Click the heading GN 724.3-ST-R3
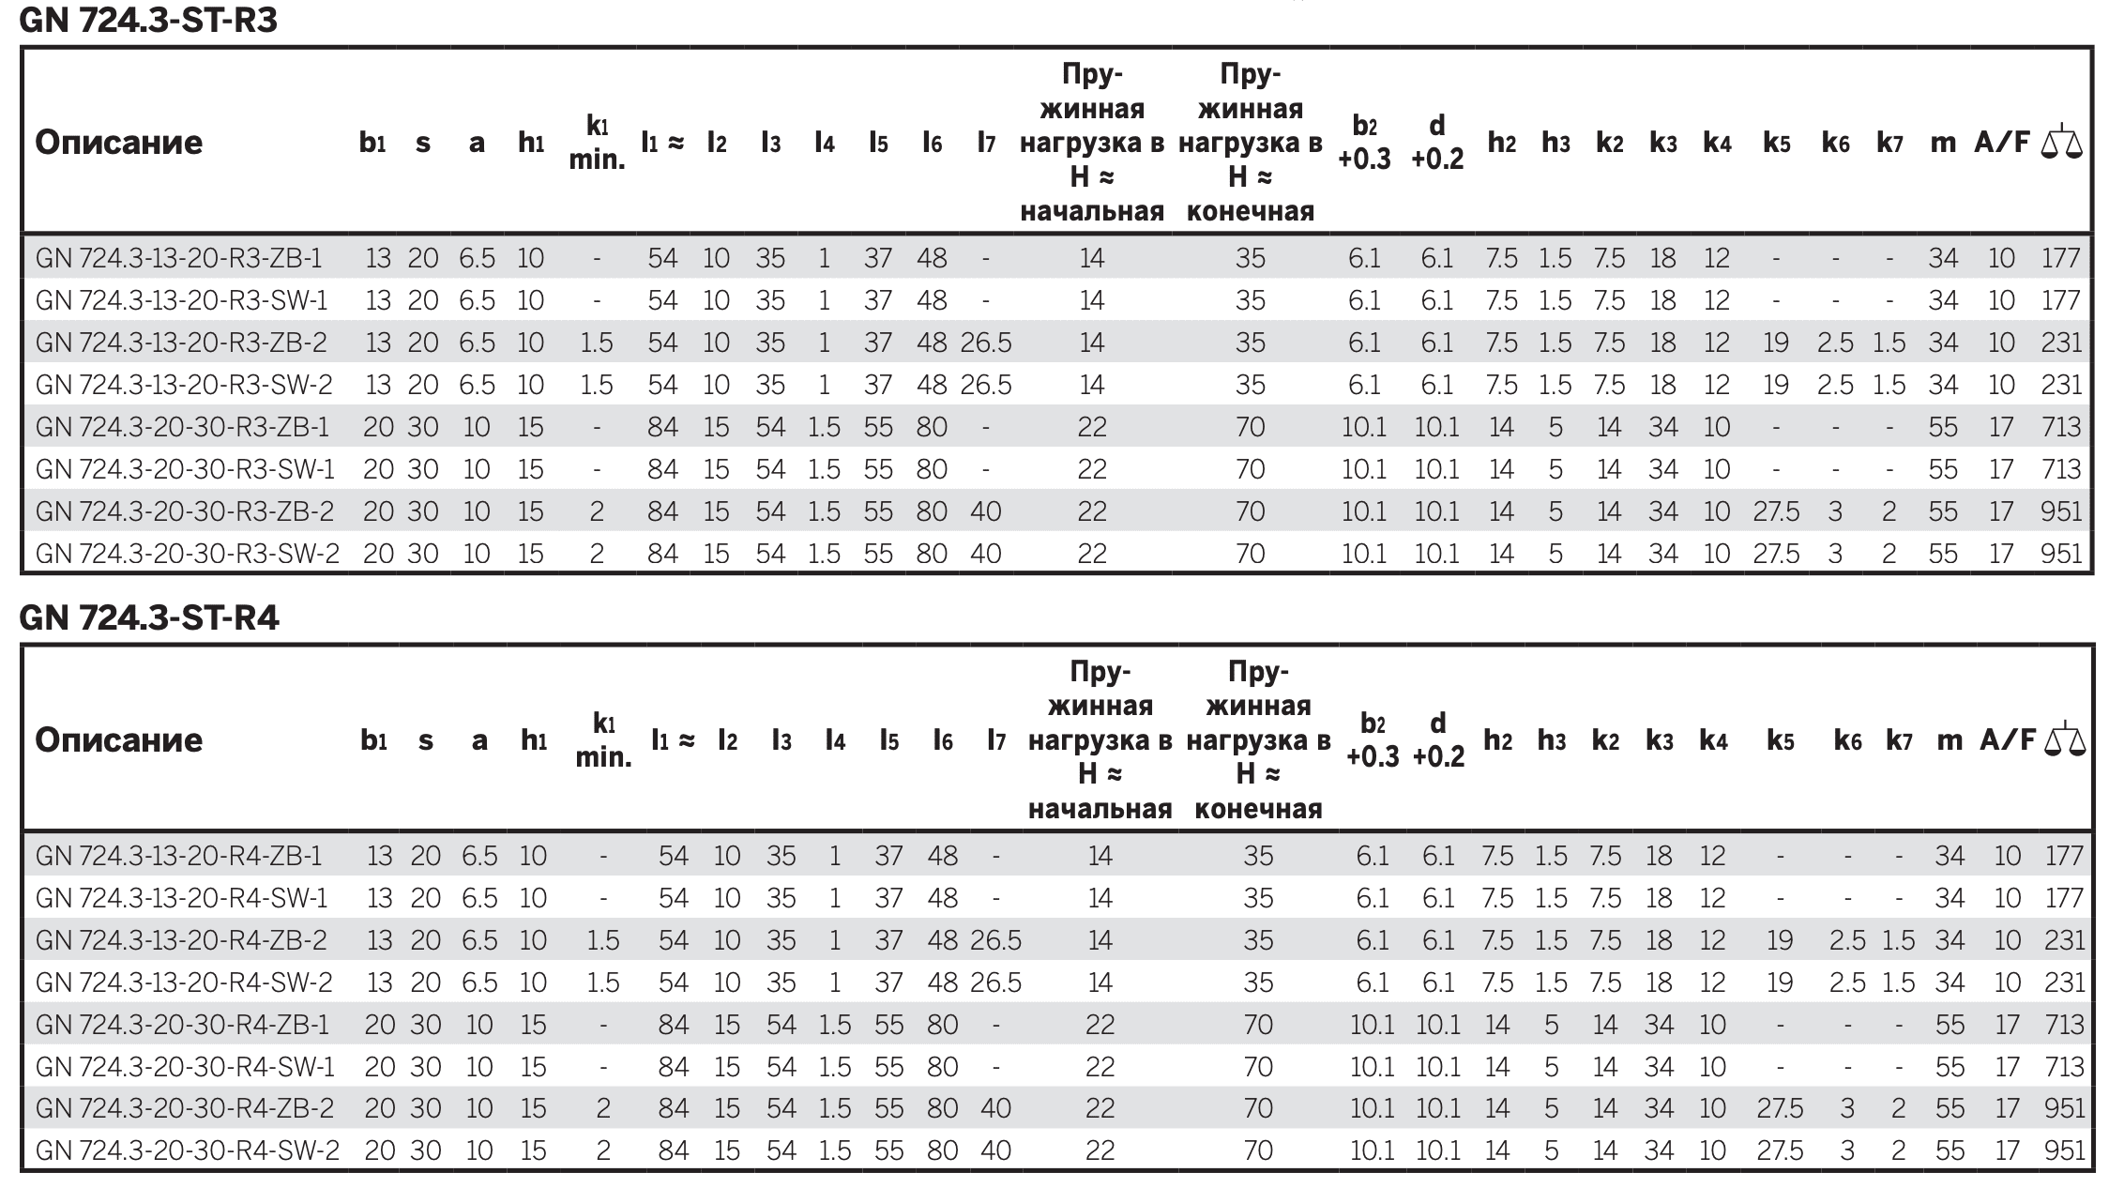(x=148, y=20)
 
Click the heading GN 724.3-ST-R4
(x=149, y=617)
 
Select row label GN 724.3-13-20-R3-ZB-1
(x=178, y=258)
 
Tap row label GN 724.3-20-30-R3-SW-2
(x=187, y=554)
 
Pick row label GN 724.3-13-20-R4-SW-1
(x=182, y=898)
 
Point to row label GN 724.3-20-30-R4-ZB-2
(x=185, y=1108)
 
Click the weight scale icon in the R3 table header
(x=2061, y=142)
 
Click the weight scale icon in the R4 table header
(x=2065, y=739)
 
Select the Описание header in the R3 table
(x=119, y=143)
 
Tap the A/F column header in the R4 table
(x=2008, y=739)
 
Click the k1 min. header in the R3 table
(x=597, y=143)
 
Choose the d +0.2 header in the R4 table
(x=1438, y=739)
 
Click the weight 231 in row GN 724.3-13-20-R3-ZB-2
(x=2061, y=343)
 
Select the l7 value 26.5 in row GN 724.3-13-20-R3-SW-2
(x=986, y=385)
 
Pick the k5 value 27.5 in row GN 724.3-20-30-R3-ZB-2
(x=1776, y=511)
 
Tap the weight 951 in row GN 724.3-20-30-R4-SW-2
(x=2064, y=1150)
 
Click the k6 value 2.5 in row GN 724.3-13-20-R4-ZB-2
(x=1847, y=940)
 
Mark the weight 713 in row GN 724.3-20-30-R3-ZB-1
(x=2061, y=427)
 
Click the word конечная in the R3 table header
(x=1250, y=211)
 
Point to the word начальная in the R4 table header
(x=1100, y=809)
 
